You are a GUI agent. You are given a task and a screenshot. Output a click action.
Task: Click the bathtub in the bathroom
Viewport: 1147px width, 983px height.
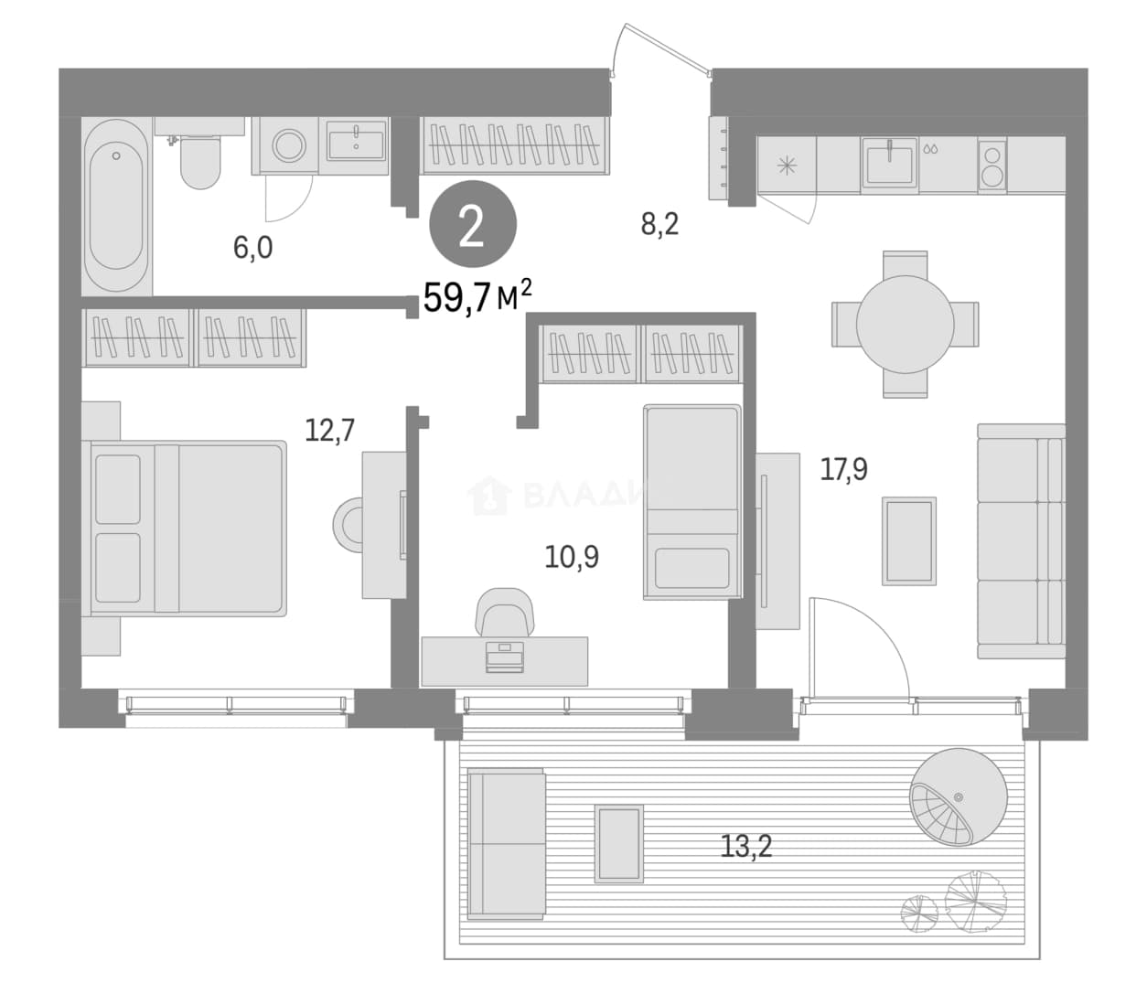click(116, 207)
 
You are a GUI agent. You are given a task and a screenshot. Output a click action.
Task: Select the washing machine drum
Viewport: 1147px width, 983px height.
click(288, 145)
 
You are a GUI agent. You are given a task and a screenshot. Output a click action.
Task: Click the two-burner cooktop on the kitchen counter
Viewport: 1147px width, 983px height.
click(992, 166)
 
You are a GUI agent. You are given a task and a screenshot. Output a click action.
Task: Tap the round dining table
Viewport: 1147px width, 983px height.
click(905, 325)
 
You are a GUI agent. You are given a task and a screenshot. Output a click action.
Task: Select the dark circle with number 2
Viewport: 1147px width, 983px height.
click(473, 225)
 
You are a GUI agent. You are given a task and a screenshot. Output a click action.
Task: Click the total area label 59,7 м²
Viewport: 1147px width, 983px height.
click(477, 296)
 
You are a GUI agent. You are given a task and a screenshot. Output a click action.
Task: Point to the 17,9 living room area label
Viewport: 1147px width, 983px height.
click(843, 469)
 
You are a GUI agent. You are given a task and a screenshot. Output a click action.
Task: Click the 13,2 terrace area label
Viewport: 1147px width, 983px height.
click(745, 847)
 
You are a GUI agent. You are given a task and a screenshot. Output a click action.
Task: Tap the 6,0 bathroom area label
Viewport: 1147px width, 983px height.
click(253, 248)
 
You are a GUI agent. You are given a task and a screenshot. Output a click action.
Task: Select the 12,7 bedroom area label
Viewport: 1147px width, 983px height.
click(329, 430)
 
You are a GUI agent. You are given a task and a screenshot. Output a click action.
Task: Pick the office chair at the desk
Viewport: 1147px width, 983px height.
click(505, 612)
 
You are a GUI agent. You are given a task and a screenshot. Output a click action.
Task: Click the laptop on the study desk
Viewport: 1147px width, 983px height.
click(504, 657)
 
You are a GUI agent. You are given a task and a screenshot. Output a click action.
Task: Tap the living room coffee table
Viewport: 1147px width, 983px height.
click(909, 540)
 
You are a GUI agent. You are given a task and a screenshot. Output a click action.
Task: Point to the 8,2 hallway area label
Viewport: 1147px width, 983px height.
click(659, 225)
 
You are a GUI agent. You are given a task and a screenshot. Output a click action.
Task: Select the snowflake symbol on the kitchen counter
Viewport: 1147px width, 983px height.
click(787, 166)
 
